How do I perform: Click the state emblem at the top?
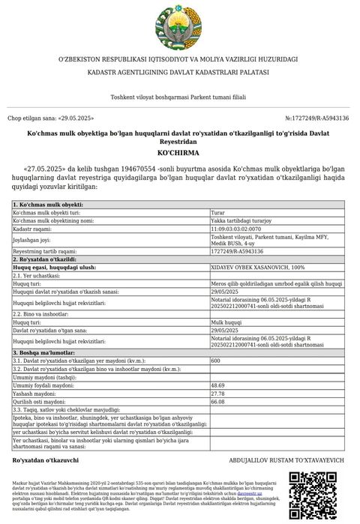[179, 25]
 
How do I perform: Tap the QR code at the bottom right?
[313, 496]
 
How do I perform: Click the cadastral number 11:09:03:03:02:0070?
[235, 229]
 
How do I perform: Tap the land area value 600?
[216, 361]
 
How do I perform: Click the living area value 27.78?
[218, 394]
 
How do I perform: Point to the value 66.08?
[218, 402]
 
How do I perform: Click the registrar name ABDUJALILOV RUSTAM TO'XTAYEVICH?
[286, 459]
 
